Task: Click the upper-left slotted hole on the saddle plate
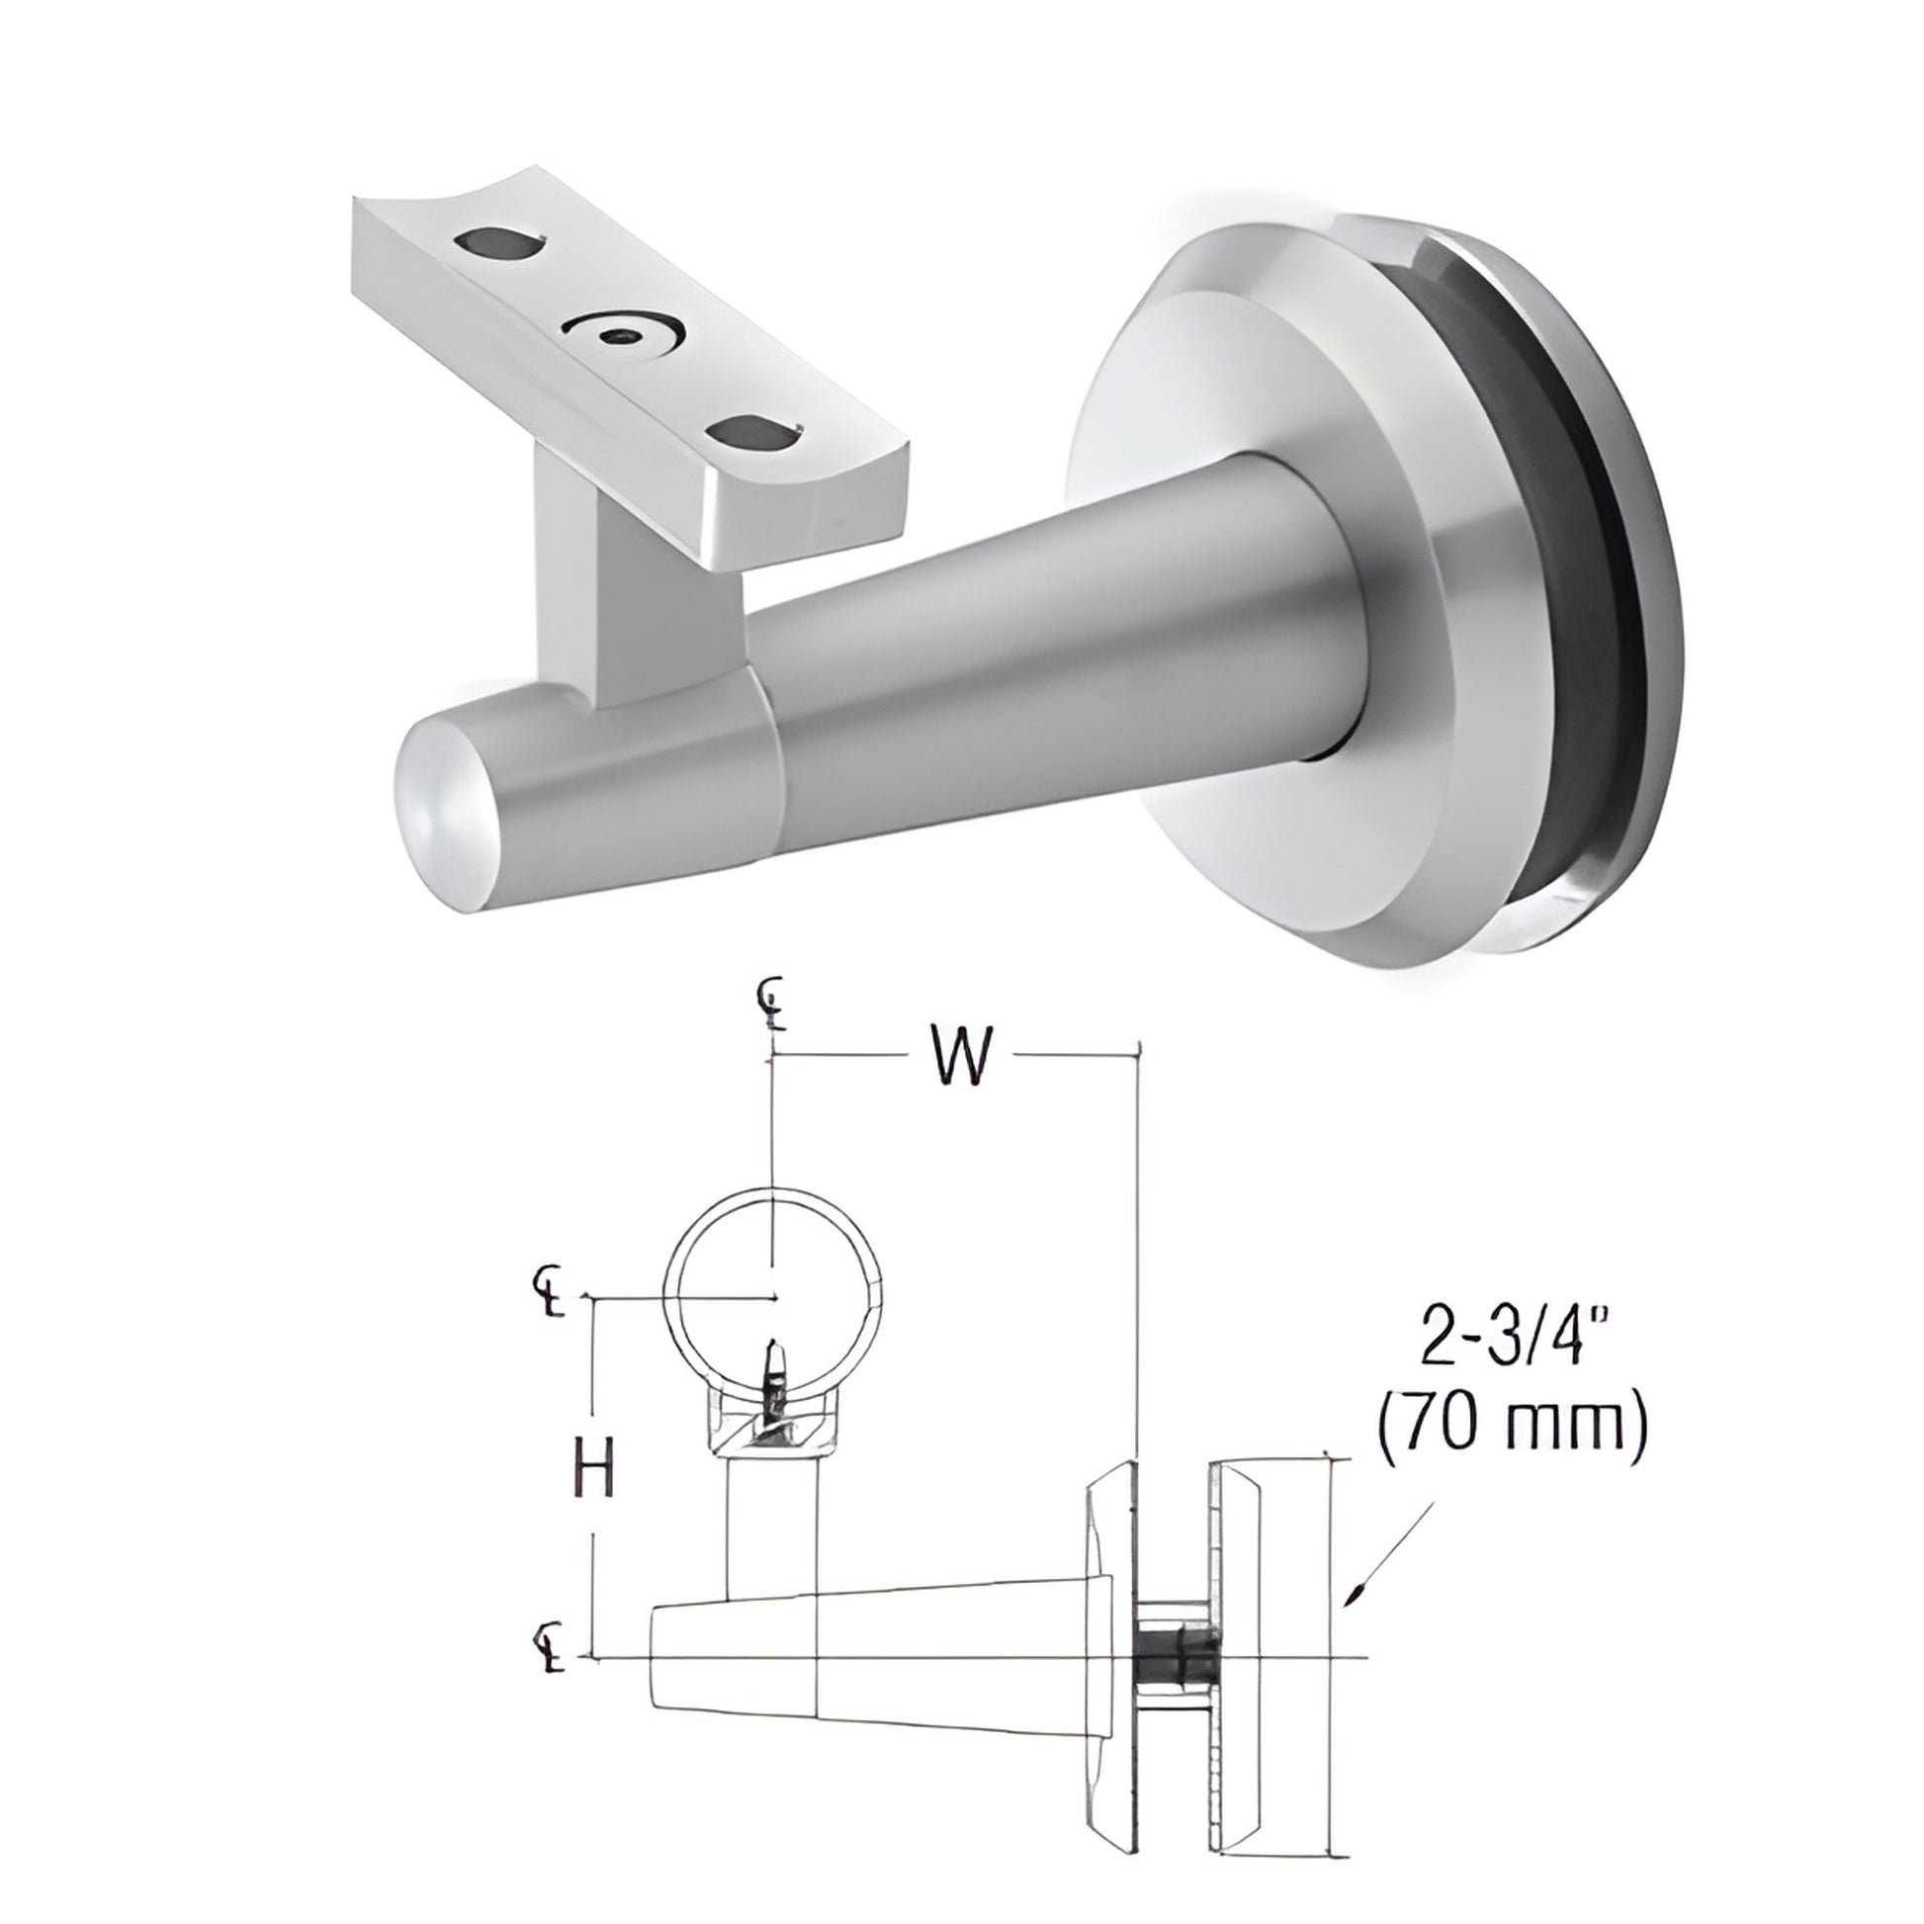point(503,244)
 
